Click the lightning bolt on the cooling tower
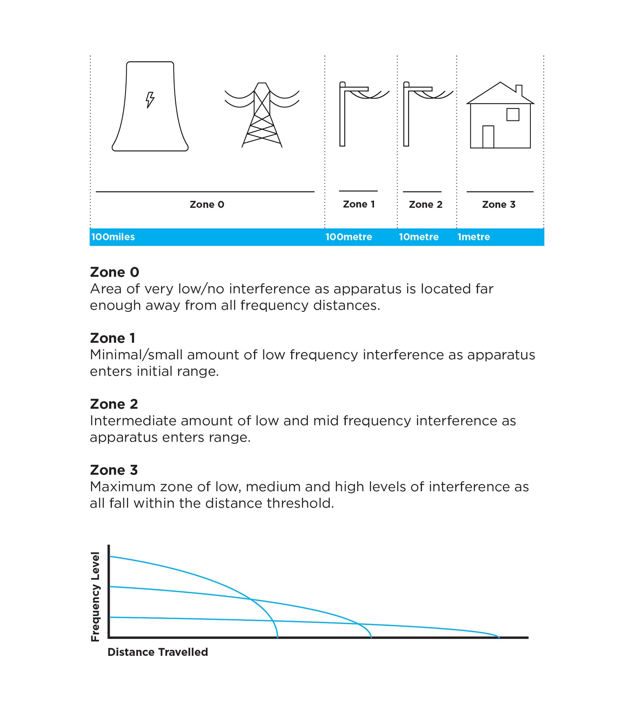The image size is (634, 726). (150, 100)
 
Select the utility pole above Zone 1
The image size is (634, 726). (343, 114)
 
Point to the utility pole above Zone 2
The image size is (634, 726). (407, 114)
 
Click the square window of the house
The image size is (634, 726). (513, 115)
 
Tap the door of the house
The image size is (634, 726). (488, 136)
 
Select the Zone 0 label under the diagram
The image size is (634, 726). (207, 205)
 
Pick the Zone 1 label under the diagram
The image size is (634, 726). (359, 204)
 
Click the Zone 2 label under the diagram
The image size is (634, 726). (426, 205)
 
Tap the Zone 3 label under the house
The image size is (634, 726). (499, 205)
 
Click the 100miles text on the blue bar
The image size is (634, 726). (113, 237)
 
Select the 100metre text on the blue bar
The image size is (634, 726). (349, 237)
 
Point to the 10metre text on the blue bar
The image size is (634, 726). (419, 237)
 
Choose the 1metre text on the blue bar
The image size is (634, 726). (474, 237)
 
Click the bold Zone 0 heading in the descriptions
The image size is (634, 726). (115, 272)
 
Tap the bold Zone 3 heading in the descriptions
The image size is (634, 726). (114, 470)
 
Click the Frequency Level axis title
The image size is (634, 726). (96, 597)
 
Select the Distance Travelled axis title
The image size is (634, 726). (158, 652)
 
